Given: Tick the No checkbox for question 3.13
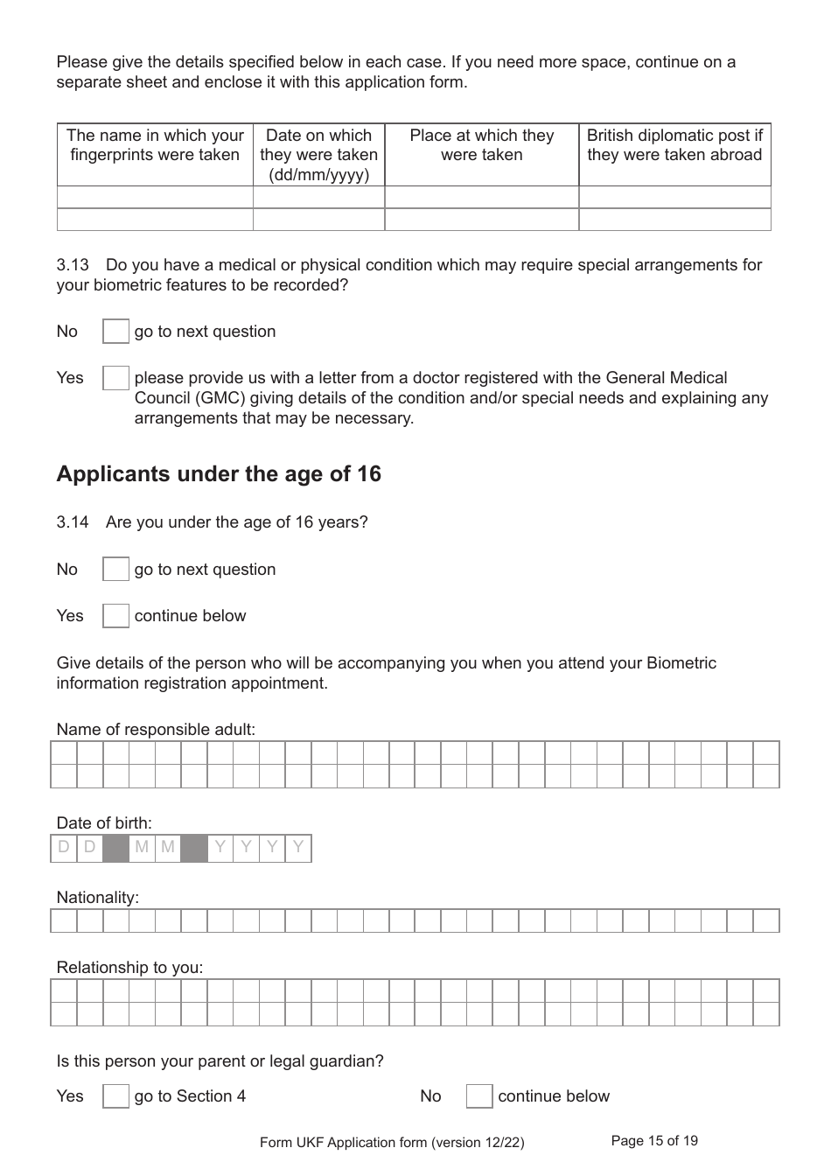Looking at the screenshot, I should pyautogui.click(x=115, y=332).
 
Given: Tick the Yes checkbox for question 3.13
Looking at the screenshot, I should pyautogui.click(x=115, y=378).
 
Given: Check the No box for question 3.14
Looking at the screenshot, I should pyautogui.click(x=115, y=570).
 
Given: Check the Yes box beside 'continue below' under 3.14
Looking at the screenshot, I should pyautogui.click(x=115, y=616).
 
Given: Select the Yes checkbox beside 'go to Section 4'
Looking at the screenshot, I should pyautogui.click(x=115, y=1096).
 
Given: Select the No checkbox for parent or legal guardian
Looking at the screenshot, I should pyautogui.click(x=479, y=1096).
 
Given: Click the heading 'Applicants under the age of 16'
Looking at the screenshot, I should pyautogui.click(x=219, y=474).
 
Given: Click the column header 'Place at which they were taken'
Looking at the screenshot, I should pyautogui.click(x=481, y=145).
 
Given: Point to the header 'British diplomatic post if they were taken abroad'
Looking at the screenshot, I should pyautogui.click(x=674, y=145).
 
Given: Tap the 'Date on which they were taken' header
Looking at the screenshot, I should pyautogui.click(x=318, y=155).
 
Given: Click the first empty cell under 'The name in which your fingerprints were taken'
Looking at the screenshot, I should pyautogui.click(x=155, y=197).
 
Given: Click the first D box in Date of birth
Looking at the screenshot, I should pyautogui.click(x=64, y=848).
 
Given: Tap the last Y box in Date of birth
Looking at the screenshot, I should pyautogui.click(x=298, y=848).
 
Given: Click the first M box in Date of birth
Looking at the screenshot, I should pyautogui.click(x=142, y=848).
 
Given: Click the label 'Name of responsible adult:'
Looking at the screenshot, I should pyautogui.click(x=156, y=730).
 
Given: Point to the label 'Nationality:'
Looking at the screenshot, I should pyautogui.click(x=97, y=898).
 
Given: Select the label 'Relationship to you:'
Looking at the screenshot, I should pyautogui.click(x=129, y=968).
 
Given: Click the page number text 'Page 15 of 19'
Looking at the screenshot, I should pyautogui.click(x=654, y=1141).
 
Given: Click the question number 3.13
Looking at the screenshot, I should pyautogui.click(x=73, y=265).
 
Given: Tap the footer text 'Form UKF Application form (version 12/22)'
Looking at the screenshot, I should pyautogui.click(x=392, y=1143).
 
